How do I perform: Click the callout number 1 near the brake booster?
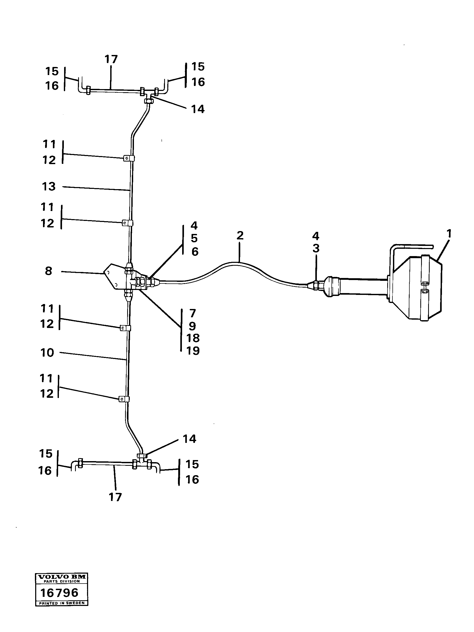[x=449, y=233]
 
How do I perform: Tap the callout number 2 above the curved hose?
[x=240, y=236]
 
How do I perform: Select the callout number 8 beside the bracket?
[x=48, y=271]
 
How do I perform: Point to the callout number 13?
[x=49, y=187]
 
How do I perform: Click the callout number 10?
[x=47, y=352]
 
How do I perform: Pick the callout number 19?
[x=193, y=351]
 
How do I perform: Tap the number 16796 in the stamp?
[x=59, y=593]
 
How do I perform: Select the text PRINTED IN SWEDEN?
[x=62, y=603]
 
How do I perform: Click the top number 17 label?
[x=111, y=59]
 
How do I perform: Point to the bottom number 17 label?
[x=115, y=497]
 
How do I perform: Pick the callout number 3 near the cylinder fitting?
[x=316, y=248]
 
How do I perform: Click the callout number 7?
[x=193, y=313]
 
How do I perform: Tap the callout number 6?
[x=195, y=251]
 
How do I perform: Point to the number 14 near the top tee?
[x=198, y=109]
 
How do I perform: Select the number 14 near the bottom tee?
[x=189, y=439]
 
